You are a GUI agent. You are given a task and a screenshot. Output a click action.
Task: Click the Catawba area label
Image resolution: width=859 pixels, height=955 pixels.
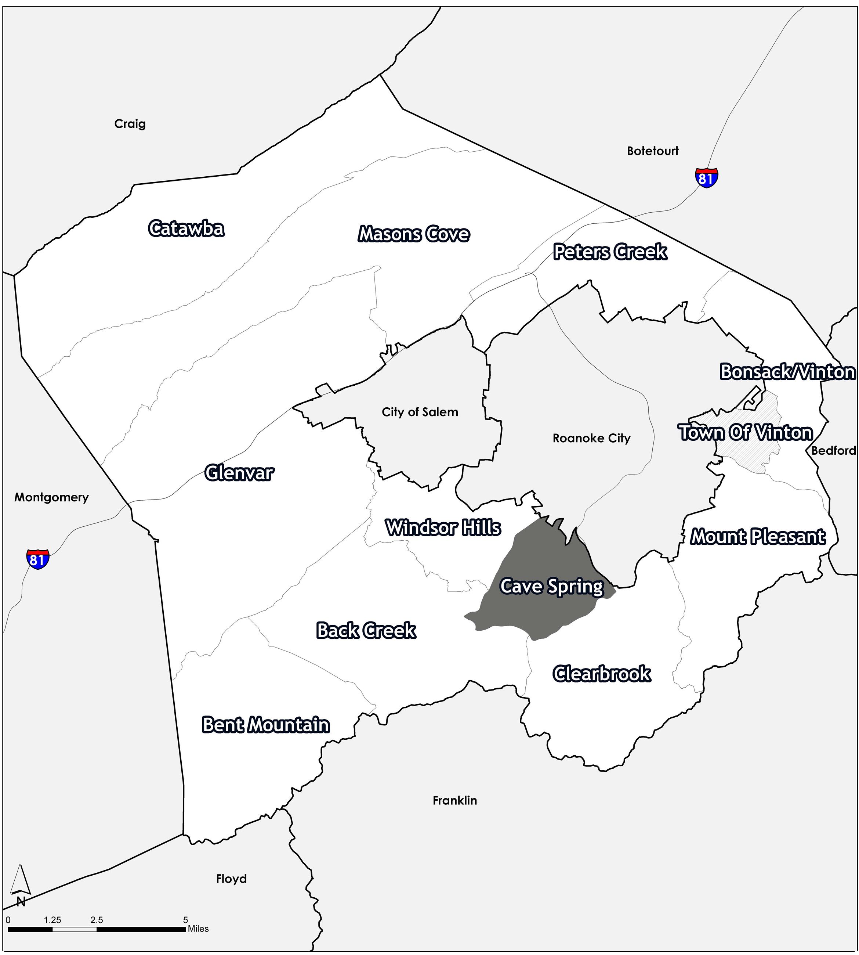(186, 228)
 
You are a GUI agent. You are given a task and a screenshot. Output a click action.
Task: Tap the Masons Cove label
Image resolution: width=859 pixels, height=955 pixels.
(414, 234)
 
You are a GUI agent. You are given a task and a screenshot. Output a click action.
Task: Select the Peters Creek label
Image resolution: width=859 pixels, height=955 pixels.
(610, 252)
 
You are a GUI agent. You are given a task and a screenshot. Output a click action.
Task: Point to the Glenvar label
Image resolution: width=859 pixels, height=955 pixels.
(239, 473)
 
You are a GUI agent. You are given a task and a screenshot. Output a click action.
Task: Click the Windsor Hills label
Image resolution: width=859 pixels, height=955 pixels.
(443, 527)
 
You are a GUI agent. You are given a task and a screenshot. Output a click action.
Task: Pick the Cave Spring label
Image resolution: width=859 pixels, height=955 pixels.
(552, 587)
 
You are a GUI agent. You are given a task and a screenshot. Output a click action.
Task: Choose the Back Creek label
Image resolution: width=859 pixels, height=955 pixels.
(366, 631)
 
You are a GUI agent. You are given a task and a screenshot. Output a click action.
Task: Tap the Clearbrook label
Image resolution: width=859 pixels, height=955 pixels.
(602, 674)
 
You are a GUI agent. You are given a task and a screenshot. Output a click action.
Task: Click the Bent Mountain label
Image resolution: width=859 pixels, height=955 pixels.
(266, 725)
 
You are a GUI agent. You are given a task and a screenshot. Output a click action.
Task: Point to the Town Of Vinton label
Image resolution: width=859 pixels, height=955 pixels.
(746, 433)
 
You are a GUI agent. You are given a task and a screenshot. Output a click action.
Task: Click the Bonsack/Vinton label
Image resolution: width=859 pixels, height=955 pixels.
(788, 372)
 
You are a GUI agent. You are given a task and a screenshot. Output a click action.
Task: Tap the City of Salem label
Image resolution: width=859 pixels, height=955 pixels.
(420, 412)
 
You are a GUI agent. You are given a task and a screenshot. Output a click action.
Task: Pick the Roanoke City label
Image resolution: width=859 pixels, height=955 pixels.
(591, 438)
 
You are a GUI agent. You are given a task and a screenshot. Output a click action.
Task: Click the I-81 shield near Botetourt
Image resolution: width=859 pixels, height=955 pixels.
(707, 177)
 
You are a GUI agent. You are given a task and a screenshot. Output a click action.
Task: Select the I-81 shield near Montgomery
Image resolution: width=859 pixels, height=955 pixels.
(38, 559)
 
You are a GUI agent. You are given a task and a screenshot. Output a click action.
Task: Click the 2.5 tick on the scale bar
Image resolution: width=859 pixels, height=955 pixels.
(97, 920)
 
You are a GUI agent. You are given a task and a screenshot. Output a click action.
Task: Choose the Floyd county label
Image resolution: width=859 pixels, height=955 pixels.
(231, 879)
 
